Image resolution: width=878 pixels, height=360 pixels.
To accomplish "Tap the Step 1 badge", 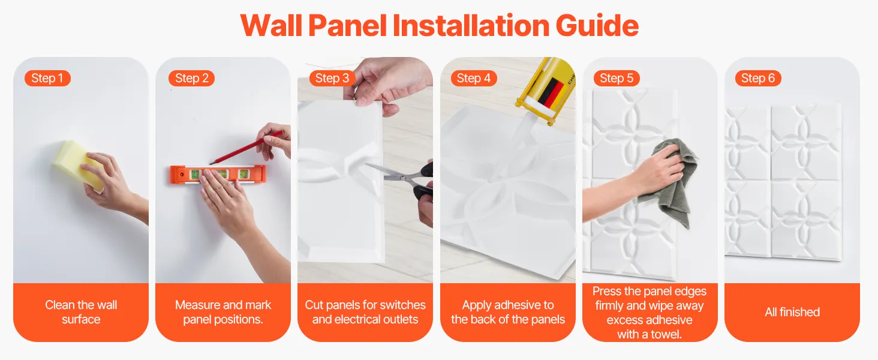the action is click(x=47, y=78).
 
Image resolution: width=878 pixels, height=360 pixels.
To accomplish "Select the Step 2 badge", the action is click(x=192, y=78).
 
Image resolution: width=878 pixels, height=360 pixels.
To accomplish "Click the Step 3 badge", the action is click(x=332, y=78).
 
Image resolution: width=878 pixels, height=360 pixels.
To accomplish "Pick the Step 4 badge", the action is click(x=474, y=78).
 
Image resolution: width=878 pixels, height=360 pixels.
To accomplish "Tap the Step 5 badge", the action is click(x=617, y=78).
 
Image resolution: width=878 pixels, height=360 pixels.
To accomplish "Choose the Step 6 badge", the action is click(x=758, y=78).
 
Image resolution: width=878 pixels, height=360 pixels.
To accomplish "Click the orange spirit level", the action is click(x=218, y=175).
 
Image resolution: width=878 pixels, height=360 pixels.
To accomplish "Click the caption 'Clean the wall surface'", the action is click(x=81, y=312).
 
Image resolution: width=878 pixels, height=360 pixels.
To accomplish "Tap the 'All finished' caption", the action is click(x=792, y=312).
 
